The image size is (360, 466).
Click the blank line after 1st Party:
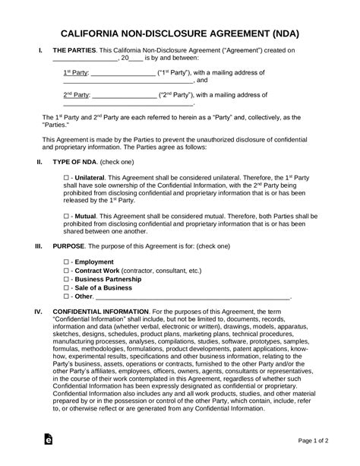click(122, 73)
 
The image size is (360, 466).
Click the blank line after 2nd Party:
click(124, 96)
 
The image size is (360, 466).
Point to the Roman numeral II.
click(39, 163)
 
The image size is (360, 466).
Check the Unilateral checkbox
click(66, 176)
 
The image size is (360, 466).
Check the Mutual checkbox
click(66, 216)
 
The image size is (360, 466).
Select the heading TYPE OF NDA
click(77, 163)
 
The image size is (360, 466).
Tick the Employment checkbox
click(66, 261)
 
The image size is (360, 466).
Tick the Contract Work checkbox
click(66, 270)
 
